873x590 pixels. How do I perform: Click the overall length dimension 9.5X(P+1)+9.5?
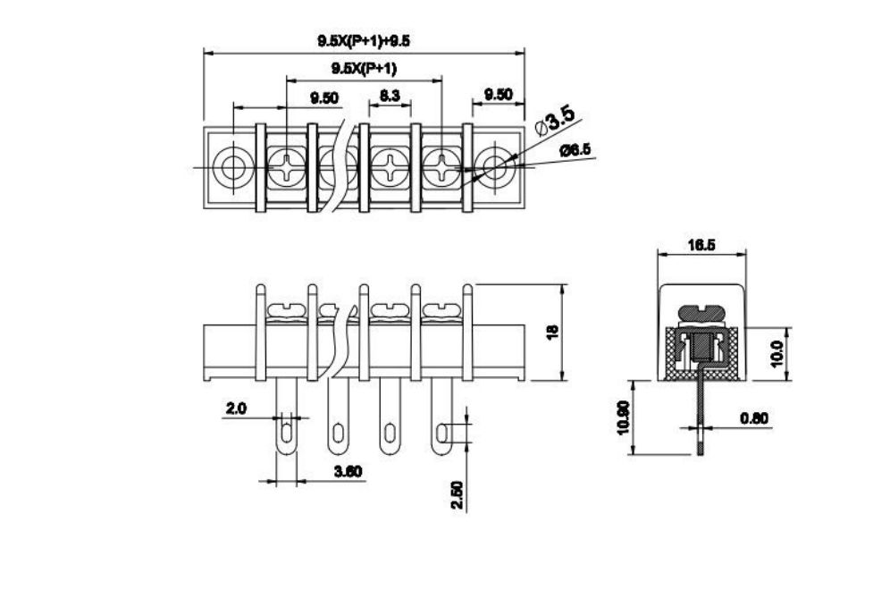click(364, 41)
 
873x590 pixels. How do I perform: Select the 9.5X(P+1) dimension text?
click(364, 69)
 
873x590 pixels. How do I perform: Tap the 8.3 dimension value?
click(390, 96)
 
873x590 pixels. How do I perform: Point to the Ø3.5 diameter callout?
click(555, 121)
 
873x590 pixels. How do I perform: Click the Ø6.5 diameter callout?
click(575, 150)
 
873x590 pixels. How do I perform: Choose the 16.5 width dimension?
click(701, 245)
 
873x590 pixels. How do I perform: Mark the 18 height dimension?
click(552, 333)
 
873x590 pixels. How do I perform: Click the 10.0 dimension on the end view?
click(777, 353)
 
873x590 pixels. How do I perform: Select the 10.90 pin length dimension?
click(623, 417)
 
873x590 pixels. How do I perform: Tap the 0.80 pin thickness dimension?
click(754, 417)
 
